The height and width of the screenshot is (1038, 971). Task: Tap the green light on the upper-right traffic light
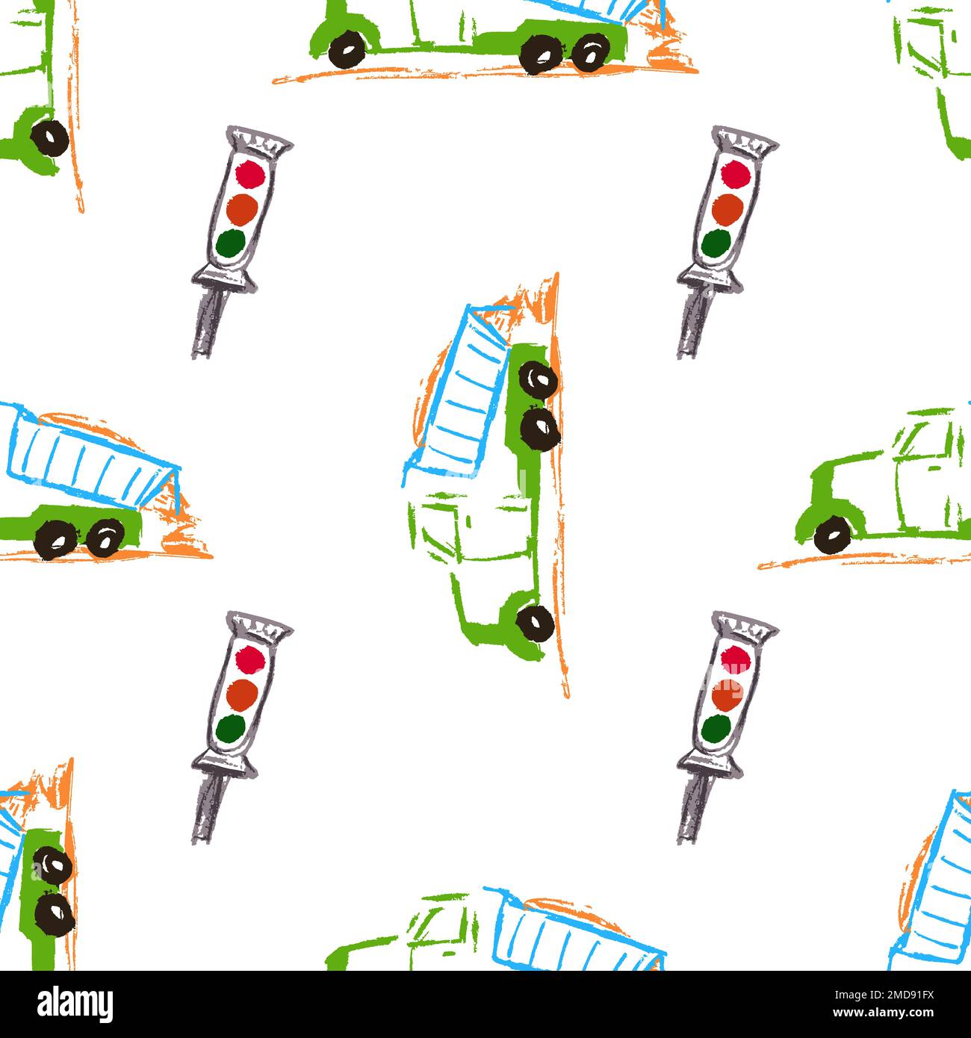click(x=716, y=242)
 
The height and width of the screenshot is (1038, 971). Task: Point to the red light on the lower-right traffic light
click(x=736, y=659)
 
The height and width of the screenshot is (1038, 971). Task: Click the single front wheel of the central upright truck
click(x=536, y=621)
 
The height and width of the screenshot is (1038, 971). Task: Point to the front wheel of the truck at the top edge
click(x=346, y=46)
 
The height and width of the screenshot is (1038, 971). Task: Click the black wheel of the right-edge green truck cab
click(x=832, y=534)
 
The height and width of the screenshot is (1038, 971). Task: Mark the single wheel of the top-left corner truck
click(x=51, y=138)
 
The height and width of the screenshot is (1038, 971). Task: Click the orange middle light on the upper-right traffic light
click(x=725, y=208)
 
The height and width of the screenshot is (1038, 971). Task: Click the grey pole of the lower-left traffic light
click(x=207, y=808)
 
